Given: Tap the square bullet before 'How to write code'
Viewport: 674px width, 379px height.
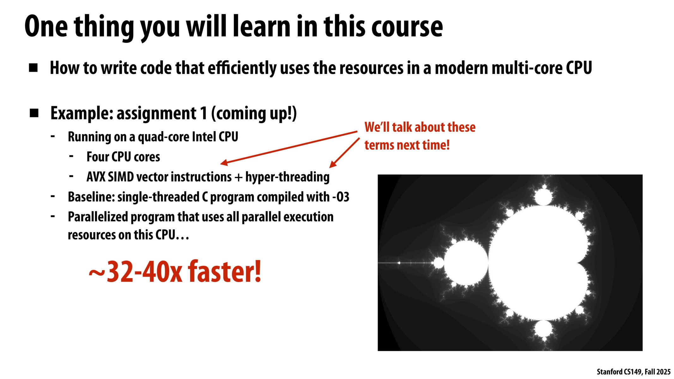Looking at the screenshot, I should (33, 68).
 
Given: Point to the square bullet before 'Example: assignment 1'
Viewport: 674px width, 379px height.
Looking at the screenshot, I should (34, 113).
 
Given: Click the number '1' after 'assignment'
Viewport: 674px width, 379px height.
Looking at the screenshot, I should (203, 113).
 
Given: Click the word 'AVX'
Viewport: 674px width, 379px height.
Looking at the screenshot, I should (96, 177).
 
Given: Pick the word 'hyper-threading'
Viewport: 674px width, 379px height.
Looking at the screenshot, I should (287, 177).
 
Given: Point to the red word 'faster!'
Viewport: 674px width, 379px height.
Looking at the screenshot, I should (225, 272).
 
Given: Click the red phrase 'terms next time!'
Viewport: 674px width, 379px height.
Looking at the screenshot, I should (407, 145).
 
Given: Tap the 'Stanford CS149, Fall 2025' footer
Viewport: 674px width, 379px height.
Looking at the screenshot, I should (633, 372).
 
